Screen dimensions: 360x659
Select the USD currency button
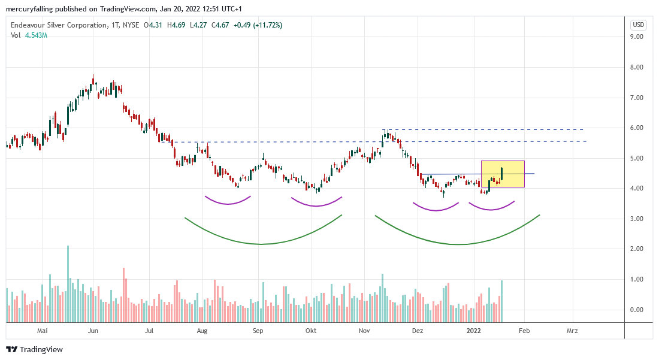pos(638,25)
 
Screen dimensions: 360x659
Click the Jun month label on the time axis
pos(93,330)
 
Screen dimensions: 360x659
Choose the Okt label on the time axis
pos(311,330)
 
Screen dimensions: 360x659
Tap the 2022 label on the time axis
pos(474,330)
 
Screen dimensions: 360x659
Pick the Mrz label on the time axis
pos(572,330)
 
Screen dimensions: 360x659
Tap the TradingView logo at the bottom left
pos(34,349)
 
